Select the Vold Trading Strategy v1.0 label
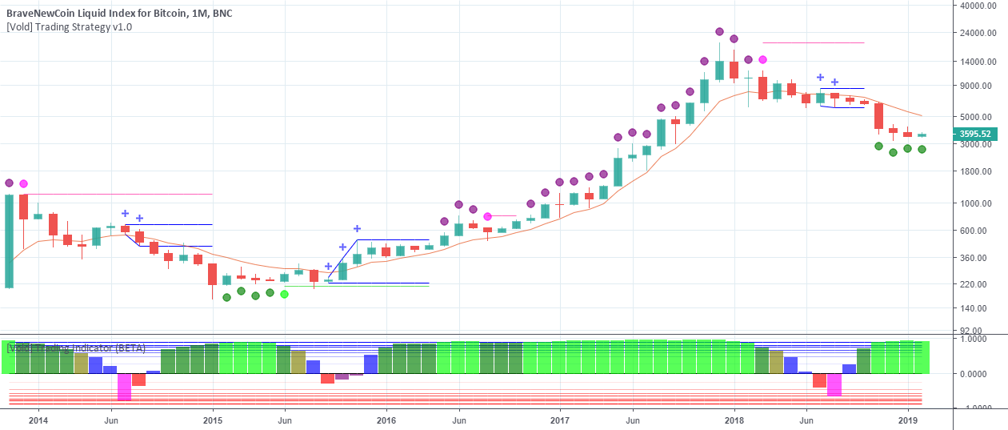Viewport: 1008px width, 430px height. click(x=69, y=26)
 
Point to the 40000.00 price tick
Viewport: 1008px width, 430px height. click(x=980, y=6)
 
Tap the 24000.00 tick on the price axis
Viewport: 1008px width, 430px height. click(x=980, y=34)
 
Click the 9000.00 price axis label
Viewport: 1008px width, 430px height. click(x=978, y=86)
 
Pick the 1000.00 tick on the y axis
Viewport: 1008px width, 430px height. click(x=978, y=203)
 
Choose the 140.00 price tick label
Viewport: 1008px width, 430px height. click(x=975, y=308)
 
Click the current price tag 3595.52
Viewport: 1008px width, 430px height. click(x=975, y=135)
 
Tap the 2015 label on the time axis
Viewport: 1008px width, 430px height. click(x=213, y=419)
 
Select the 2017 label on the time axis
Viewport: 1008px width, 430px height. click(x=560, y=419)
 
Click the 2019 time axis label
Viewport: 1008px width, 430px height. click(x=908, y=419)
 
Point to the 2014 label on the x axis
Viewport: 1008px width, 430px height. click(x=38, y=419)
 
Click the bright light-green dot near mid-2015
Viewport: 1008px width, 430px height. click(x=284, y=294)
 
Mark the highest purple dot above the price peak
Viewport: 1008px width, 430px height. click(x=719, y=32)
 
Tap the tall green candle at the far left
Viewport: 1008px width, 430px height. click(x=10, y=240)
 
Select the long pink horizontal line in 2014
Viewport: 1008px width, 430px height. click(x=120, y=194)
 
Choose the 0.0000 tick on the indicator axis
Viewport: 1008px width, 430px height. click(x=977, y=374)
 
